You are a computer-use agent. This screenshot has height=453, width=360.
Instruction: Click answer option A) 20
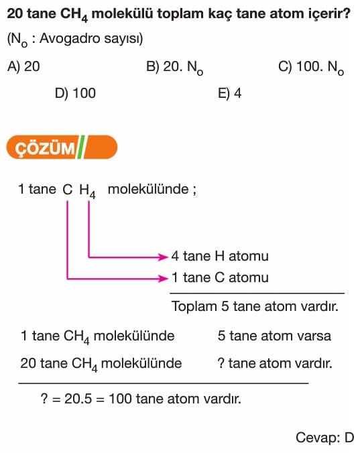pyautogui.click(x=23, y=66)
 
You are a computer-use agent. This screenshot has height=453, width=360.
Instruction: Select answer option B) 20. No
pyautogui.click(x=175, y=68)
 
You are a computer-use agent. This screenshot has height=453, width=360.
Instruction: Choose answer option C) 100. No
pyautogui.click(x=311, y=68)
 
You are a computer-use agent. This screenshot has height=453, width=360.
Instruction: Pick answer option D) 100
pyautogui.click(x=75, y=93)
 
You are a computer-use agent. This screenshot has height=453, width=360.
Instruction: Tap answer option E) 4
pyautogui.click(x=229, y=93)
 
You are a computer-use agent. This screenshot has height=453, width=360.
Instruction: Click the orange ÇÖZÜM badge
pyautogui.click(x=62, y=147)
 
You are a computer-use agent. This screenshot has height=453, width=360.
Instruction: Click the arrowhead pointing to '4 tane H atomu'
pyautogui.click(x=164, y=257)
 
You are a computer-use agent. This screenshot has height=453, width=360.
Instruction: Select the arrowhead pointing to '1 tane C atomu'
pyautogui.click(x=164, y=279)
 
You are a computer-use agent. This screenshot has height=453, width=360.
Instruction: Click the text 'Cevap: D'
pyautogui.click(x=324, y=438)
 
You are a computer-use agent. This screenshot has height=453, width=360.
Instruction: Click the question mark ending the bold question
pyautogui.click(x=347, y=13)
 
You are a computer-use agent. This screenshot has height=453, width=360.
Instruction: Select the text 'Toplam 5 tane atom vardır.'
pyautogui.click(x=255, y=306)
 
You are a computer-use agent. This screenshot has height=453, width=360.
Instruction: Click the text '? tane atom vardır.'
pyautogui.click(x=275, y=363)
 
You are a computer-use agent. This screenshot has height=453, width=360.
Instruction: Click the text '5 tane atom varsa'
pyautogui.click(x=274, y=336)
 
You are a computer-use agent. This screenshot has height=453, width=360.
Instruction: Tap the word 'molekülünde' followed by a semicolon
pyautogui.click(x=148, y=190)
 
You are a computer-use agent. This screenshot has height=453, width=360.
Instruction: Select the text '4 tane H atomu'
pyautogui.click(x=220, y=256)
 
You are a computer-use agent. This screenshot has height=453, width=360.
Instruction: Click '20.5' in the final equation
pyautogui.click(x=78, y=399)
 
